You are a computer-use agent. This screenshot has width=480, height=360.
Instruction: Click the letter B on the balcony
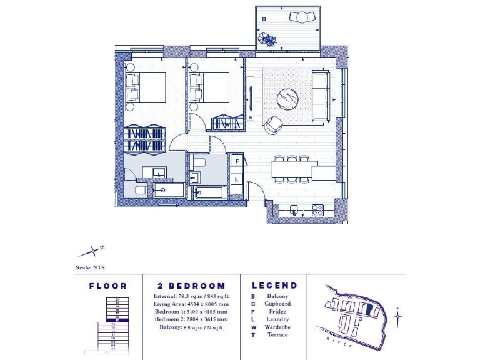[264, 19]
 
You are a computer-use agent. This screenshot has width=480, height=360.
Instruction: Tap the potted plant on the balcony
[269, 41]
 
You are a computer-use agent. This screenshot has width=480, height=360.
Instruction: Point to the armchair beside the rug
[273, 124]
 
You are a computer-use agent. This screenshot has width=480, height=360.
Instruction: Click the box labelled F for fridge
[237, 161]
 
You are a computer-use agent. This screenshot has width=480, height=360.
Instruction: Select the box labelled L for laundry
[237, 179]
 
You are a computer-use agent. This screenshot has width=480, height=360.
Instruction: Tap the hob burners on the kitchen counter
[317, 209]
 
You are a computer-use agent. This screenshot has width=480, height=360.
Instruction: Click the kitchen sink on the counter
[294, 209]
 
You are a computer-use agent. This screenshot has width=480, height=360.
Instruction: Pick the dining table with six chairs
[292, 169]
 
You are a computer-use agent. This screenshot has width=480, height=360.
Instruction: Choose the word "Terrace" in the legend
[277, 335]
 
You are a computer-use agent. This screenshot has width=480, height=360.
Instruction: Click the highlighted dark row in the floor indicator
[114, 320]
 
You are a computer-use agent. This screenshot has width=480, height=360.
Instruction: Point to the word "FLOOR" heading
[107, 286]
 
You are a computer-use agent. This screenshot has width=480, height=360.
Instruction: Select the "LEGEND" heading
[274, 286]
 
